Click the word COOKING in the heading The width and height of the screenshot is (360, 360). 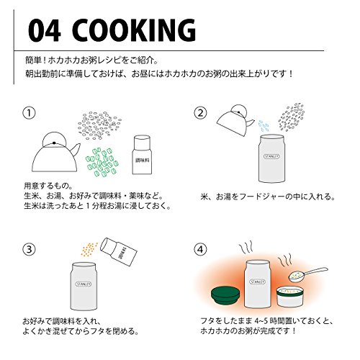[x=136, y=30]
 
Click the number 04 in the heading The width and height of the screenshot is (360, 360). [x=44, y=30]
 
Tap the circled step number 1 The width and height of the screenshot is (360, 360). [x=29, y=113]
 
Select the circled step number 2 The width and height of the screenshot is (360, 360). [x=200, y=113]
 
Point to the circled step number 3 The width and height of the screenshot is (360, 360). [x=29, y=250]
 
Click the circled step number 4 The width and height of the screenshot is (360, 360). [x=200, y=250]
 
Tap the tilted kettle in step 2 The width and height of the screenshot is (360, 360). [x=235, y=120]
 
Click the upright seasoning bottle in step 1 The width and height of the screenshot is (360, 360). [x=142, y=155]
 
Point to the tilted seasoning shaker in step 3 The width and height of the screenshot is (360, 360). [x=119, y=252]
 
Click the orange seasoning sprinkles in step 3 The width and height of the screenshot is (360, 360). [x=89, y=249]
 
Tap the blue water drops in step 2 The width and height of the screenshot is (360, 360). [x=264, y=126]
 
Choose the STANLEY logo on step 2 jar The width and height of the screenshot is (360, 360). [x=271, y=156]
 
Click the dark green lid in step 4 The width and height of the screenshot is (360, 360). [x=225, y=297]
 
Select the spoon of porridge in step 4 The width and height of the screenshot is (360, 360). [x=308, y=274]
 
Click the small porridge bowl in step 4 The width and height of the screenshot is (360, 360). [x=289, y=297]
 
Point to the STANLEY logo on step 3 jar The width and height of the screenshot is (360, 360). [x=84, y=284]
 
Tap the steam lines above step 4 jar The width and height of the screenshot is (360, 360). [x=246, y=248]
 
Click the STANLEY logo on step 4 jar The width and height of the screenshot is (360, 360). [x=257, y=282]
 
